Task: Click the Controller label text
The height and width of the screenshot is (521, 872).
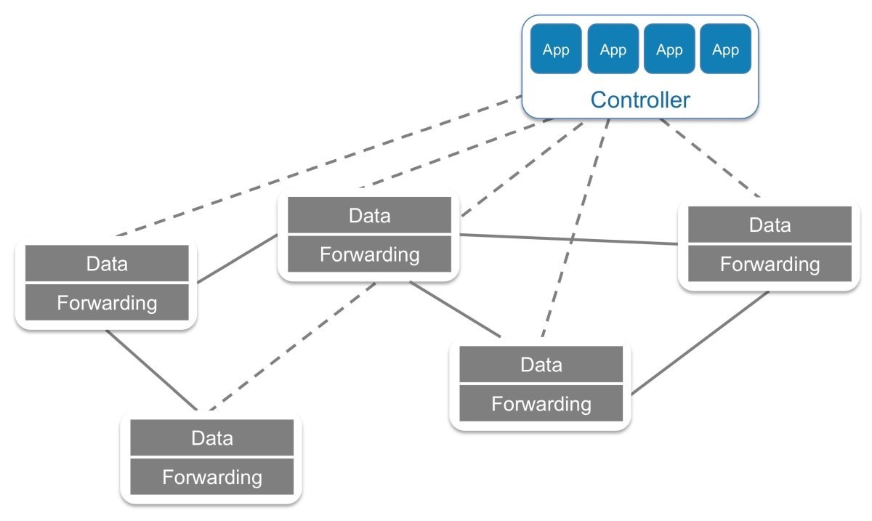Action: click(x=639, y=100)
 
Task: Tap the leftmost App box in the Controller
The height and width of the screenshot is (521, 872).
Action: click(x=556, y=49)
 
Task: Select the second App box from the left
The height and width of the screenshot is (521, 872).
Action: click(x=613, y=49)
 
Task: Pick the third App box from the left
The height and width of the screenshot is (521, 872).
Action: click(x=669, y=49)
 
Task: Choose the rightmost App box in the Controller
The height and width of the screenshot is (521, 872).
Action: click(x=725, y=49)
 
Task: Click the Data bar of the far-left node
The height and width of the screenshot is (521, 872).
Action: click(x=107, y=263)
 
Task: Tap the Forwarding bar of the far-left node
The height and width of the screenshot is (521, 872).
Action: click(x=107, y=302)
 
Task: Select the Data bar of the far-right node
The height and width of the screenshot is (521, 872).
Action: click(x=770, y=225)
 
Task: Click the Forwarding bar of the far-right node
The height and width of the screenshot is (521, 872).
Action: click(x=770, y=264)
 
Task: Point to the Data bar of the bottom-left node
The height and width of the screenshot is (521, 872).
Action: click(x=212, y=438)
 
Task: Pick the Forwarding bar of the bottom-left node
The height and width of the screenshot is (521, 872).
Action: click(x=212, y=477)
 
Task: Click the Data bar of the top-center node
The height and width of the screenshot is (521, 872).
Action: click(x=369, y=215)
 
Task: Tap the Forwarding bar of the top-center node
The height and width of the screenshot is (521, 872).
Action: click(x=369, y=254)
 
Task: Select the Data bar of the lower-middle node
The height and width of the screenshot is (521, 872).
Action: click(x=541, y=364)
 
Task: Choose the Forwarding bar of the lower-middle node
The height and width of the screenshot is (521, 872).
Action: click(x=541, y=403)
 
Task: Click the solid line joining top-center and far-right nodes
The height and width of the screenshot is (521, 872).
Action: click(x=567, y=239)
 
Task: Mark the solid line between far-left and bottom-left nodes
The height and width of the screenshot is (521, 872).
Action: click(x=151, y=370)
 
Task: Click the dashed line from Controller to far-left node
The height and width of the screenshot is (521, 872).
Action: click(x=320, y=166)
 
